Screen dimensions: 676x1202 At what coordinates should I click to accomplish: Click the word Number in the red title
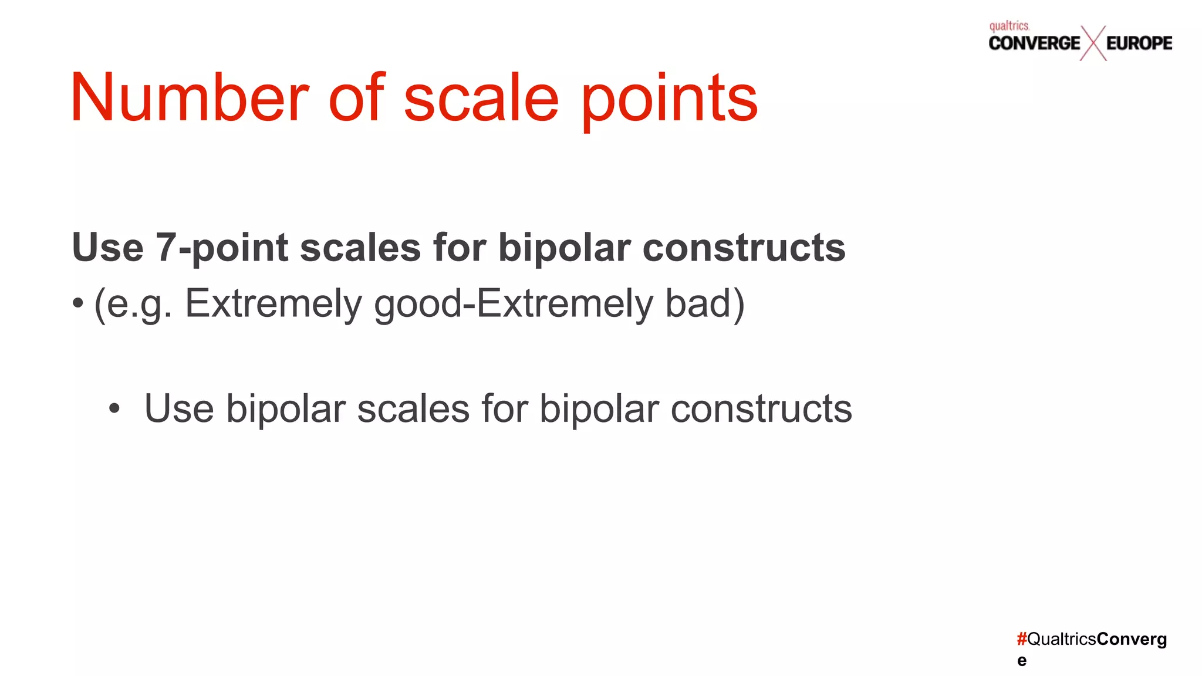pos(189,97)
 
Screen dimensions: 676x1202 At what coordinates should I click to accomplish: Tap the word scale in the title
pos(481,97)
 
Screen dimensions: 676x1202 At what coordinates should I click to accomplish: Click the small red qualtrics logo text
pos(1009,26)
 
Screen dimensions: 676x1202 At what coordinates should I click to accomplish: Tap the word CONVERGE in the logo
pos(1034,43)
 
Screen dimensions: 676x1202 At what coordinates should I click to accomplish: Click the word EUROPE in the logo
pos(1139,43)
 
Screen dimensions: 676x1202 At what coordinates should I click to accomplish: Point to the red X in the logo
pos(1093,43)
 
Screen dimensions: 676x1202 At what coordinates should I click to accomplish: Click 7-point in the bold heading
pos(222,247)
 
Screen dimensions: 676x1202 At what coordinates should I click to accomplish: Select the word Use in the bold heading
pos(107,247)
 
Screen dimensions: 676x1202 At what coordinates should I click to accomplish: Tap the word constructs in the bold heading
pos(744,247)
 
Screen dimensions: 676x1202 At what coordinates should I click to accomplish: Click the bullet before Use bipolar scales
pos(114,409)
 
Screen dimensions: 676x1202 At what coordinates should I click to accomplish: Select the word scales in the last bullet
pos(413,408)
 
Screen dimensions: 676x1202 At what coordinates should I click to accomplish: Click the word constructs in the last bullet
pos(761,408)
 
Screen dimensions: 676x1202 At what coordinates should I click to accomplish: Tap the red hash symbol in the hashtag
pos(1022,639)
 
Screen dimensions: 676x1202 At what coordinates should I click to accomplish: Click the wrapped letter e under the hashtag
pos(1022,661)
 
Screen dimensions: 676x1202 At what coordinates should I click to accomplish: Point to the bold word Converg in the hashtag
pos(1132,639)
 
